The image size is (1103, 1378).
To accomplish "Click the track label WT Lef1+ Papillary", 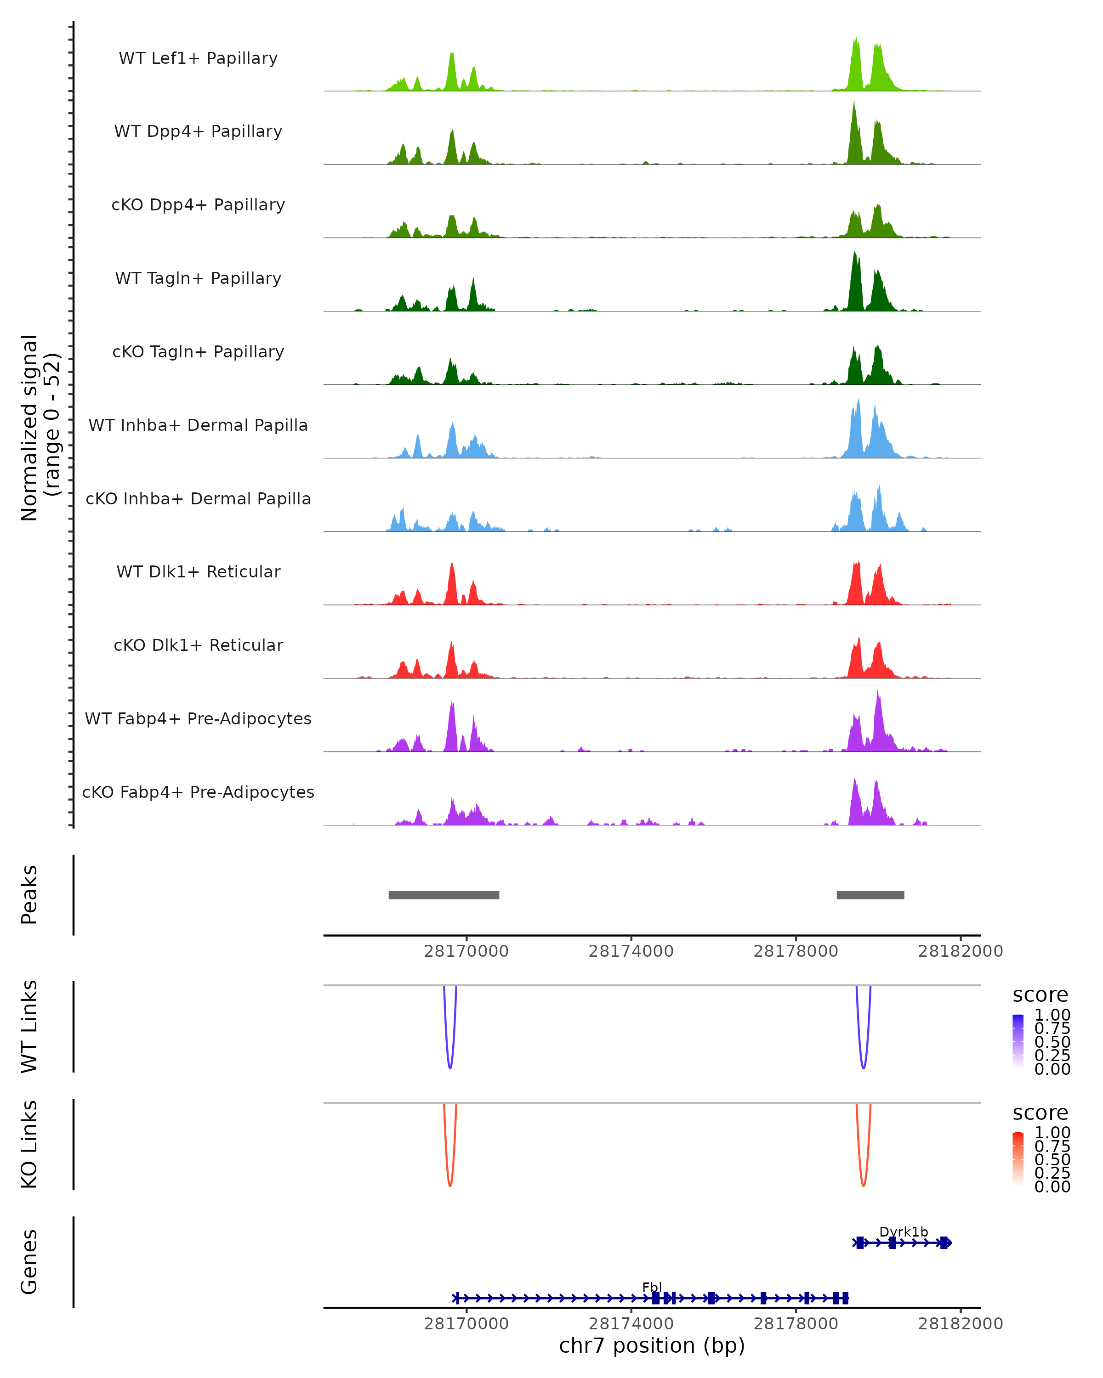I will click(x=198, y=58).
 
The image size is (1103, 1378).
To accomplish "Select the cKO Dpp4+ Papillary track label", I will click(x=198, y=204).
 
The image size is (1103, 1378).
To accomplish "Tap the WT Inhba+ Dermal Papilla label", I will click(x=198, y=425).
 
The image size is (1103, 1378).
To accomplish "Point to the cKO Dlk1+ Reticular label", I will click(x=198, y=645).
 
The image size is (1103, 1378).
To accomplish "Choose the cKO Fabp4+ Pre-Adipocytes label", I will click(x=198, y=792).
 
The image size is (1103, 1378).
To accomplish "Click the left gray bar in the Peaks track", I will click(x=444, y=895).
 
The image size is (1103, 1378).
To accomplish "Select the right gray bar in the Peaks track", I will click(x=870, y=895).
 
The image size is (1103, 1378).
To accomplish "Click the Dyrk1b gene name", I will click(x=903, y=1231).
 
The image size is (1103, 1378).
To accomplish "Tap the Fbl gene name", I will click(x=652, y=1287).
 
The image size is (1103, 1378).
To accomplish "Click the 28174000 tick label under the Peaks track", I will click(x=631, y=951).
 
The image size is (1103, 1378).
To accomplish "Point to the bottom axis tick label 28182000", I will click(x=961, y=1324).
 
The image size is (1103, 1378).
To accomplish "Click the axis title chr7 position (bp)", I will click(x=652, y=1346).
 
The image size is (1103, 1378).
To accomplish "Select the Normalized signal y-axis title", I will click(x=40, y=428).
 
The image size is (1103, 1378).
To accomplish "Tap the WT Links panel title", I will click(x=29, y=1027).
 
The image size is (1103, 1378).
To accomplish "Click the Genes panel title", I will click(x=29, y=1262).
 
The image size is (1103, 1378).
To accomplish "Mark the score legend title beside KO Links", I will click(x=1040, y=1113).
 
